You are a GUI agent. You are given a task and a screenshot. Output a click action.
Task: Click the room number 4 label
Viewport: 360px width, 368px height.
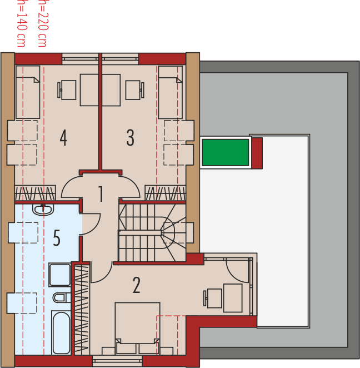tap(63, 138)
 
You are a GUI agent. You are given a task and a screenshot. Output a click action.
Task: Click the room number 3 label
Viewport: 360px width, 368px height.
tap(130, 138)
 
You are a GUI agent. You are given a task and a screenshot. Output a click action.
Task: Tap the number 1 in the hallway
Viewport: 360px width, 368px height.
tap(101, 195)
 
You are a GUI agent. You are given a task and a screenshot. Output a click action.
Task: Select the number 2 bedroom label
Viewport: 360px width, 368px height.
tap(137, 285)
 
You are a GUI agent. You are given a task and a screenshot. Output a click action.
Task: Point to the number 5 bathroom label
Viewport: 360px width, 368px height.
tap(56, 238)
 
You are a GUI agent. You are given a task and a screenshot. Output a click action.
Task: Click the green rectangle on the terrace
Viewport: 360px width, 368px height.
tap(225, 152)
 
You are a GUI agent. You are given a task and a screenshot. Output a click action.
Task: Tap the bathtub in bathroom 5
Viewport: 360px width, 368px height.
tap(61, 332)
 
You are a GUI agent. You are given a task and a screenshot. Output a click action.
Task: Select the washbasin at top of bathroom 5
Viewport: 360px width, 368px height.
tap(43, 210)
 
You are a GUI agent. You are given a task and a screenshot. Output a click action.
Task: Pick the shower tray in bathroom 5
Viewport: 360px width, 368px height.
tap(59, 275)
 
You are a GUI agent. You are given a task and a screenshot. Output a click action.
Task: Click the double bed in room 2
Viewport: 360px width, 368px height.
tap(137, 325)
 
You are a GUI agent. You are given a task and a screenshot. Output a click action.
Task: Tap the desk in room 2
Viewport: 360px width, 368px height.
tap(232, 297)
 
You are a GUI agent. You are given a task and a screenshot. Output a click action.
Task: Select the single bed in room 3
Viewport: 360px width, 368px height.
tap(170, 92)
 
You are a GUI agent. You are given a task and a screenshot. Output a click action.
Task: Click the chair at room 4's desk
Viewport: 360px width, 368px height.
tap(67, 89)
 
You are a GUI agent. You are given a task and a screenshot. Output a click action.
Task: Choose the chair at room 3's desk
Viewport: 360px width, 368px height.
tap(133, 89)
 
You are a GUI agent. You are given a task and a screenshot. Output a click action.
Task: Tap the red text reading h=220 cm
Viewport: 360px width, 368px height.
tap(41, 22)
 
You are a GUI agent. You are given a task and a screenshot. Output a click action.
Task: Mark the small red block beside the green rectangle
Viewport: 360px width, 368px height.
tap(257, 153)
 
